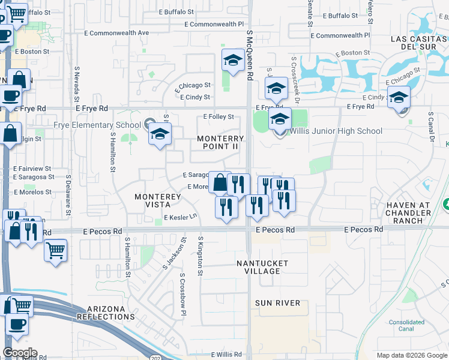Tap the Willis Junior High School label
point(336,131)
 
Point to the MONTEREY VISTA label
point(158,200)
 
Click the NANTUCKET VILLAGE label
point(262,267)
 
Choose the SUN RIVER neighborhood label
point(277,303)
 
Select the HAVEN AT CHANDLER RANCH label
point(408,209)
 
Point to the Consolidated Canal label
point(406,325)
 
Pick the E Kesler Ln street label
point(180,217)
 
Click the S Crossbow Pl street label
point(183,295)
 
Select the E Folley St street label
point(218,117)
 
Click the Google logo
point(20,353)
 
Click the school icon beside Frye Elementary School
point(160,134)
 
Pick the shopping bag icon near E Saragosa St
point(220,182)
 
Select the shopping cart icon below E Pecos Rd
point(55,250)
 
